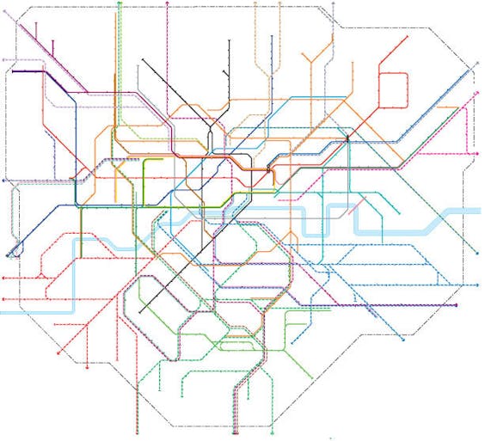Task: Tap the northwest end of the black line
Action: pos(142,60)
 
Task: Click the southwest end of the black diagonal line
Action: pos(139,310)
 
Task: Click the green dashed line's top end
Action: pos(119,3)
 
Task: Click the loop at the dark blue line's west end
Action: pos(10,254)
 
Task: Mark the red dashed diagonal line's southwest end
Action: pos(58,352)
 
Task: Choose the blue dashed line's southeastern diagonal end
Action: pos(402,340)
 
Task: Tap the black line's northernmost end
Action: pos(230,40)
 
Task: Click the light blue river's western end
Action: pos(3,310)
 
